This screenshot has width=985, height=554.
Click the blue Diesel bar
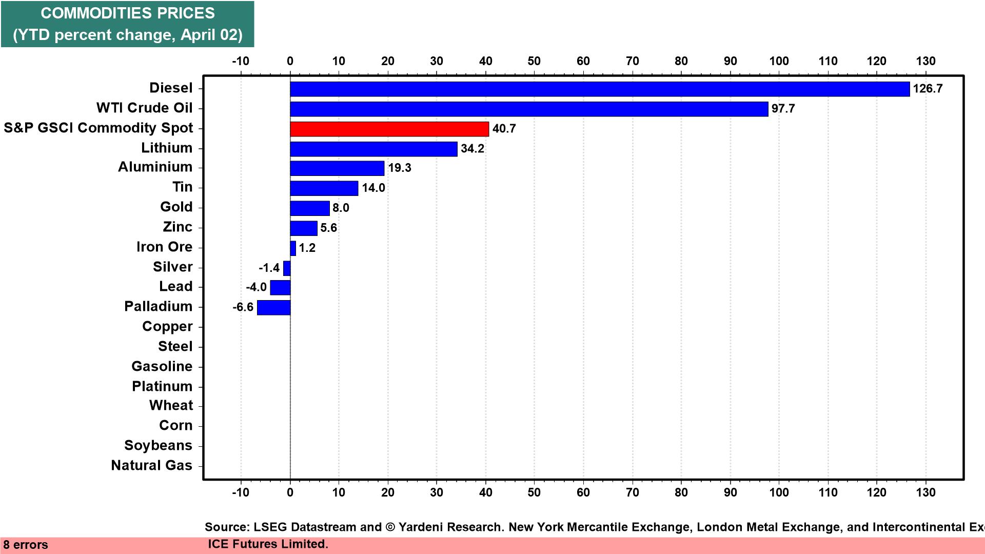point(599,89)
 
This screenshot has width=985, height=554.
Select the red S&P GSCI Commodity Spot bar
point(389,129)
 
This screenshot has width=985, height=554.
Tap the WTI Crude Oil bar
point(528,109)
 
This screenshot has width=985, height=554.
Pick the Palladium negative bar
point(273,307)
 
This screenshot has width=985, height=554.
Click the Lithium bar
point(373,149)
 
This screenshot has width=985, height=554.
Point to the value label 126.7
point(928,89)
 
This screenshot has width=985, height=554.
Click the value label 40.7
point(504,129)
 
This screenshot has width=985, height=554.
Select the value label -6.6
point(243,307)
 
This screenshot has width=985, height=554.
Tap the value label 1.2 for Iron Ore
point(307,248)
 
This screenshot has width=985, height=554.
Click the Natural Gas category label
point(151,465)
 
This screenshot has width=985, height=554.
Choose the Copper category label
point(167,326)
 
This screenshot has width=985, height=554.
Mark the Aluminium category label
point(155,167)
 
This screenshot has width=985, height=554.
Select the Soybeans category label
point(158,445)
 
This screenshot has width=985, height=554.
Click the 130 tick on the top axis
point(925,61)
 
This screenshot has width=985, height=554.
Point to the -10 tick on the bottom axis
point(241,492)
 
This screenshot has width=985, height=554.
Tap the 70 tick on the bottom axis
point(632,492)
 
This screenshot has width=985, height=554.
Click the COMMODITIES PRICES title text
point(128,13)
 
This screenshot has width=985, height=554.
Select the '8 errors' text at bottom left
point(26,545)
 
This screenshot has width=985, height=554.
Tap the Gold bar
point(309,208)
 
